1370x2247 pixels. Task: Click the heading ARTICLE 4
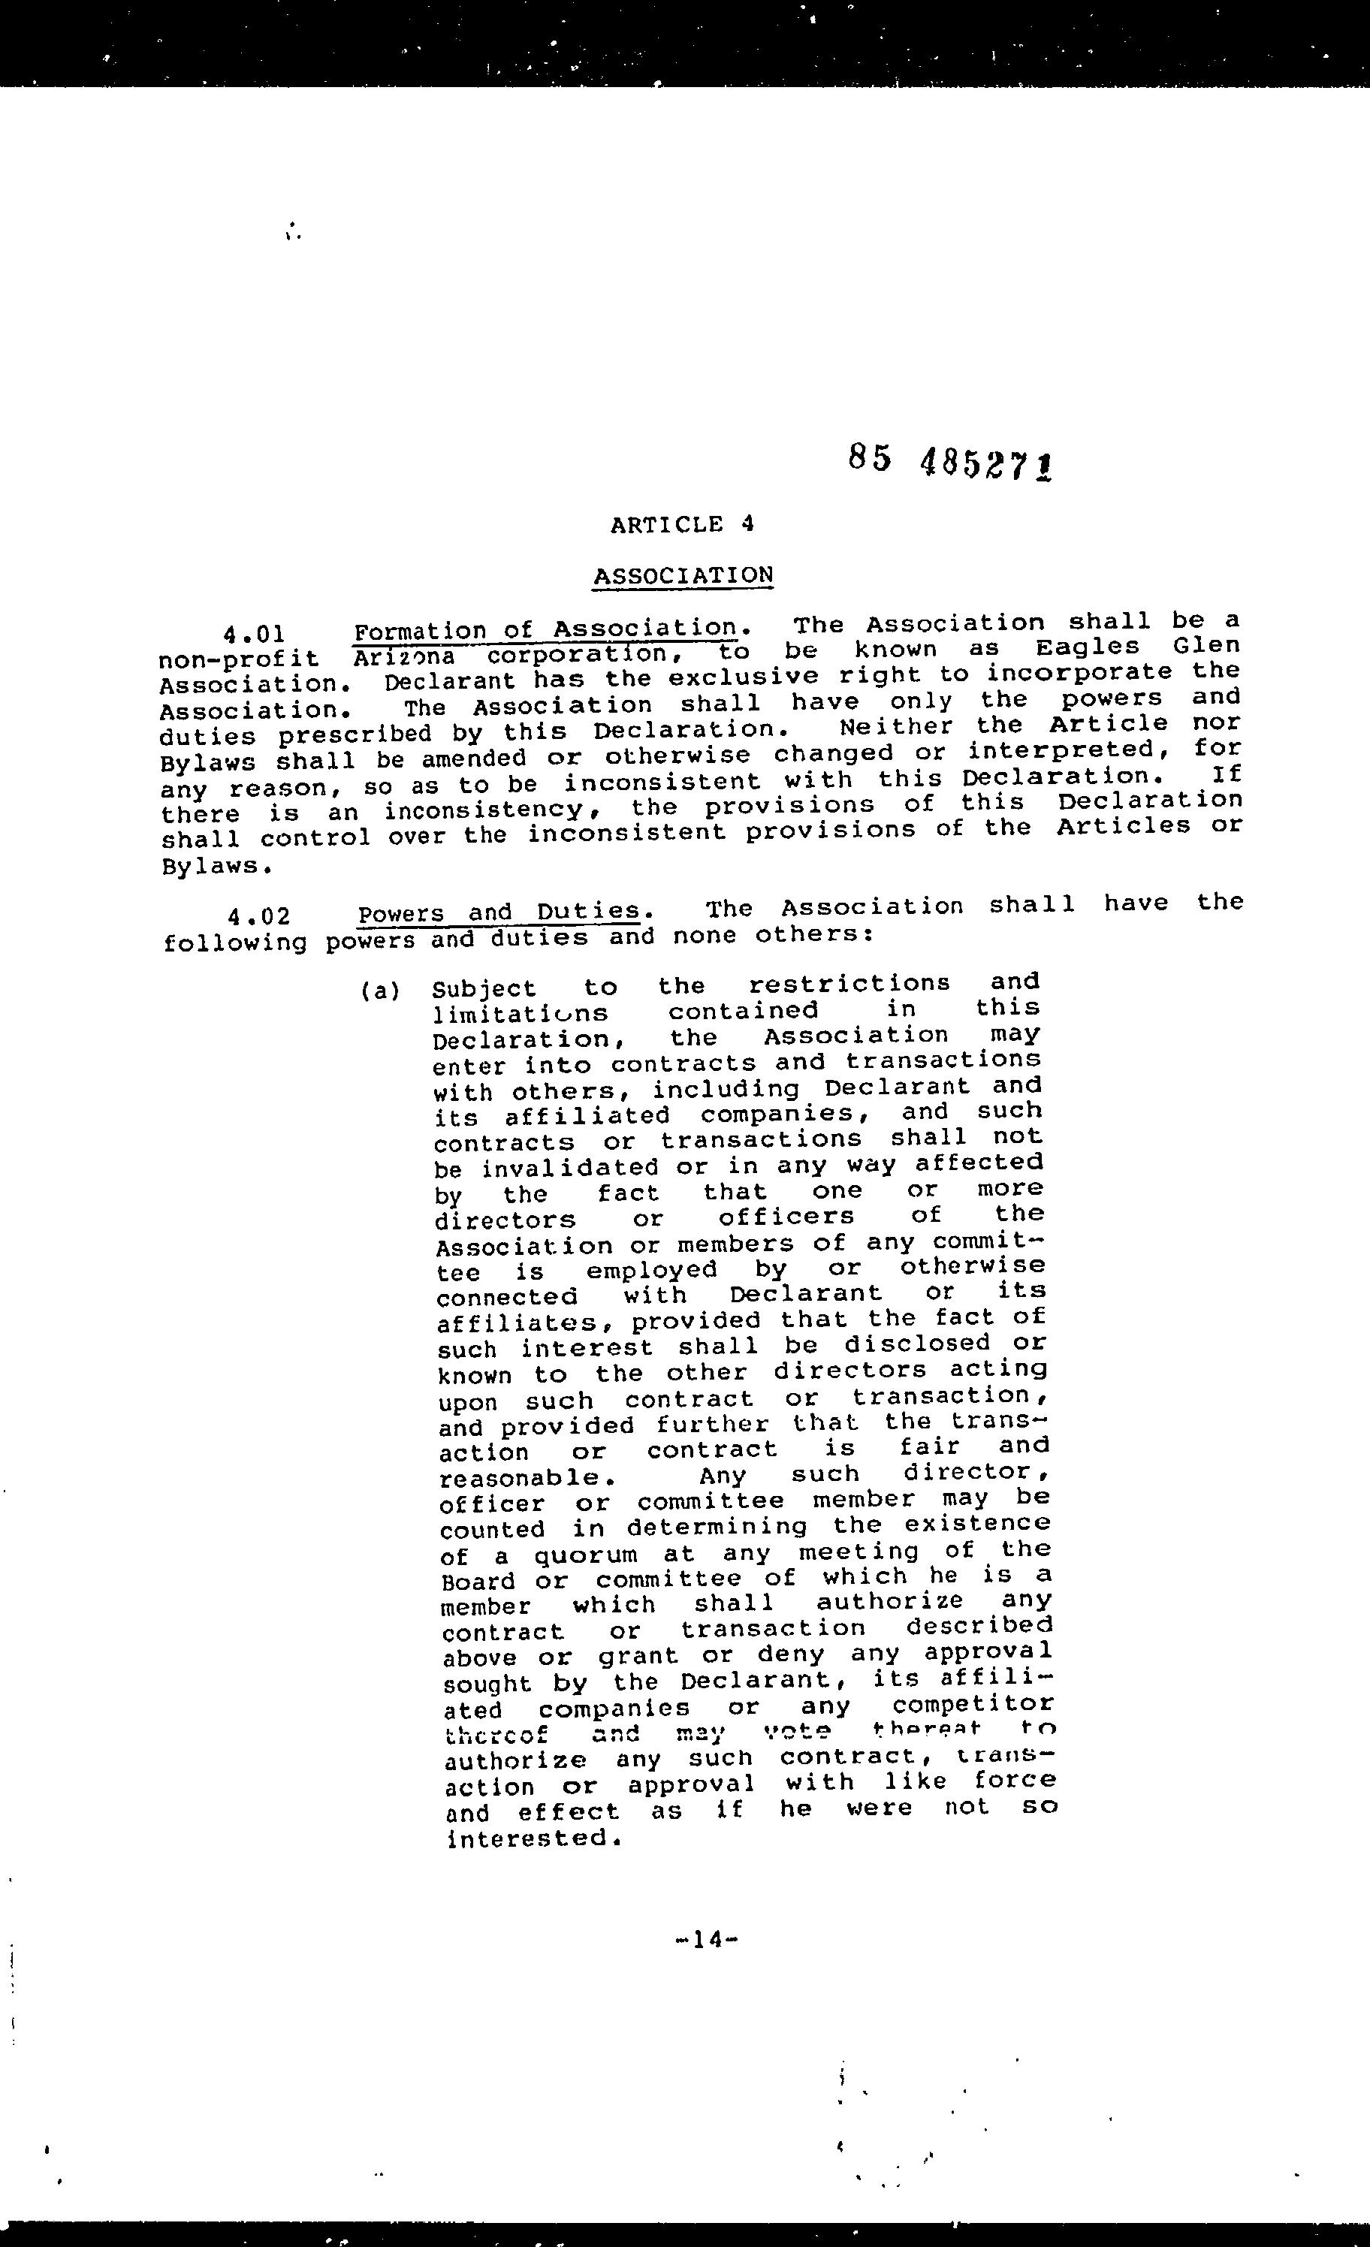point(682,524)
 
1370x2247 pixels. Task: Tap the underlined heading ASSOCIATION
point(682,576)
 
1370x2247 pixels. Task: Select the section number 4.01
point(256,634)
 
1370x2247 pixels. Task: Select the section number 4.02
point(259,915)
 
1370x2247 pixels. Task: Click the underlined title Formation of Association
point(545,629)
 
